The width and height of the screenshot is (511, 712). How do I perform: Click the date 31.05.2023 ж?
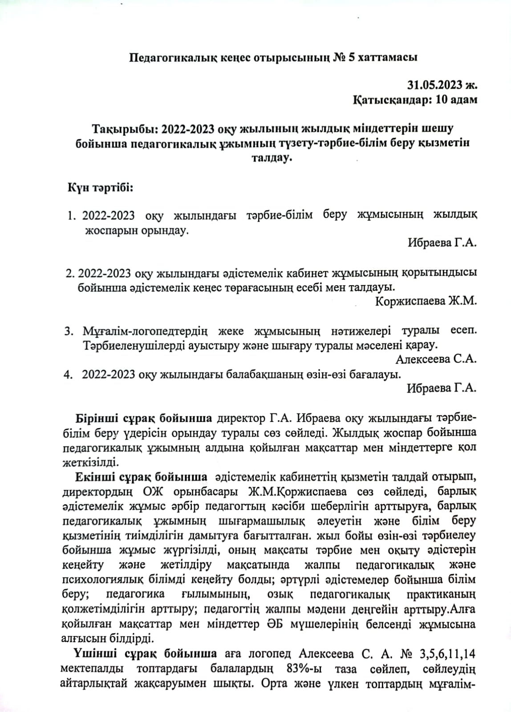442,84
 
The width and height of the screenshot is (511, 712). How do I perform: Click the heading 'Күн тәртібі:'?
100,187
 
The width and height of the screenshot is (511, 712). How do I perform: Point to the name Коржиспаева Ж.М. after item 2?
426,301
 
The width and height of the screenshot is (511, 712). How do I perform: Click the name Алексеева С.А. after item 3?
436,359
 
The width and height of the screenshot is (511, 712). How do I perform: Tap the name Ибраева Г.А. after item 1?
442,243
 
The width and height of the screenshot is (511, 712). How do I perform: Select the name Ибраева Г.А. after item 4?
442,388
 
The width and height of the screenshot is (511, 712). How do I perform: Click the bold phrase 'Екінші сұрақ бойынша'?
141,477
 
